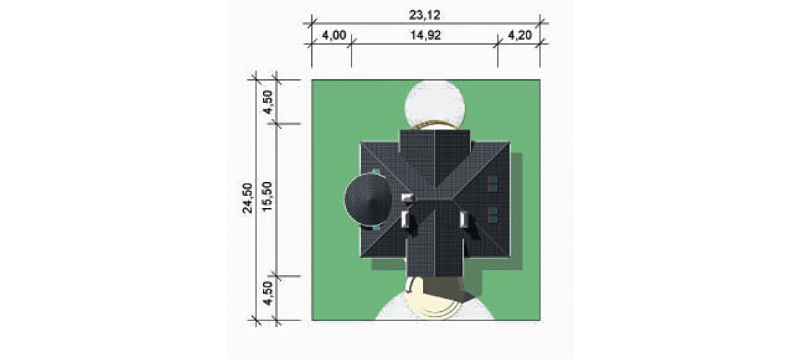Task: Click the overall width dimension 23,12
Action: point(424,15)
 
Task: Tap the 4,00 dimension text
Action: point(334,35)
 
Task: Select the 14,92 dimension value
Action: point(425,35)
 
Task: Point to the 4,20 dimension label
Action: point(519,35)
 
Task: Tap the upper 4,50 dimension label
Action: point(268,101)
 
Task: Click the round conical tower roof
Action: point(368,199)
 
